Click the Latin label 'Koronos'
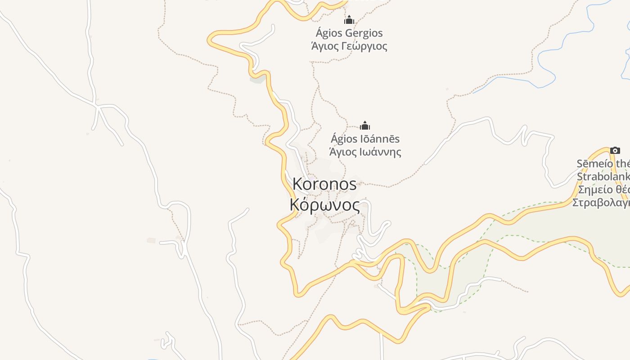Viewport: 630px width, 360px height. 324,184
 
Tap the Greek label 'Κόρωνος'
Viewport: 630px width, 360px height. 325,205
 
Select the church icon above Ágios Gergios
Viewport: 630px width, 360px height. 349,20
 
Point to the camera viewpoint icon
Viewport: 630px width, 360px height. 615,150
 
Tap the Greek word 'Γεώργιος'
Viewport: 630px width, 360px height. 363,46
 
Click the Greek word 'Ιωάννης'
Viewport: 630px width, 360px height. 379,152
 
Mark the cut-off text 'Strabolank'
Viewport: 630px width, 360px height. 603,176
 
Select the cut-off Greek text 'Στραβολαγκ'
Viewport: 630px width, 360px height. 600,202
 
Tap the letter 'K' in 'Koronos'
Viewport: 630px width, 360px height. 298,184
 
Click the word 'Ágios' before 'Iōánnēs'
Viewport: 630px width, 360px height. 343,139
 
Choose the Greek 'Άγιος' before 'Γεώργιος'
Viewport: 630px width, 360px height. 324,46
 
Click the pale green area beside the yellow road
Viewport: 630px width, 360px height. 540,225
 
